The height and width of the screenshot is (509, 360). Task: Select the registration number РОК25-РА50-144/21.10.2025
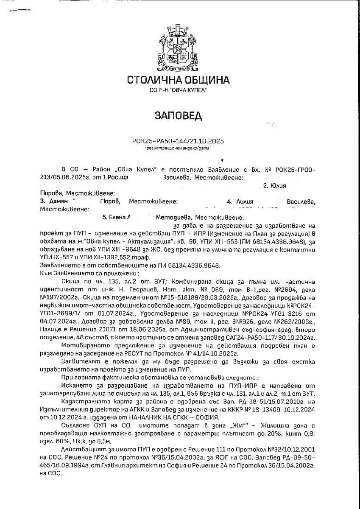[178, 141]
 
